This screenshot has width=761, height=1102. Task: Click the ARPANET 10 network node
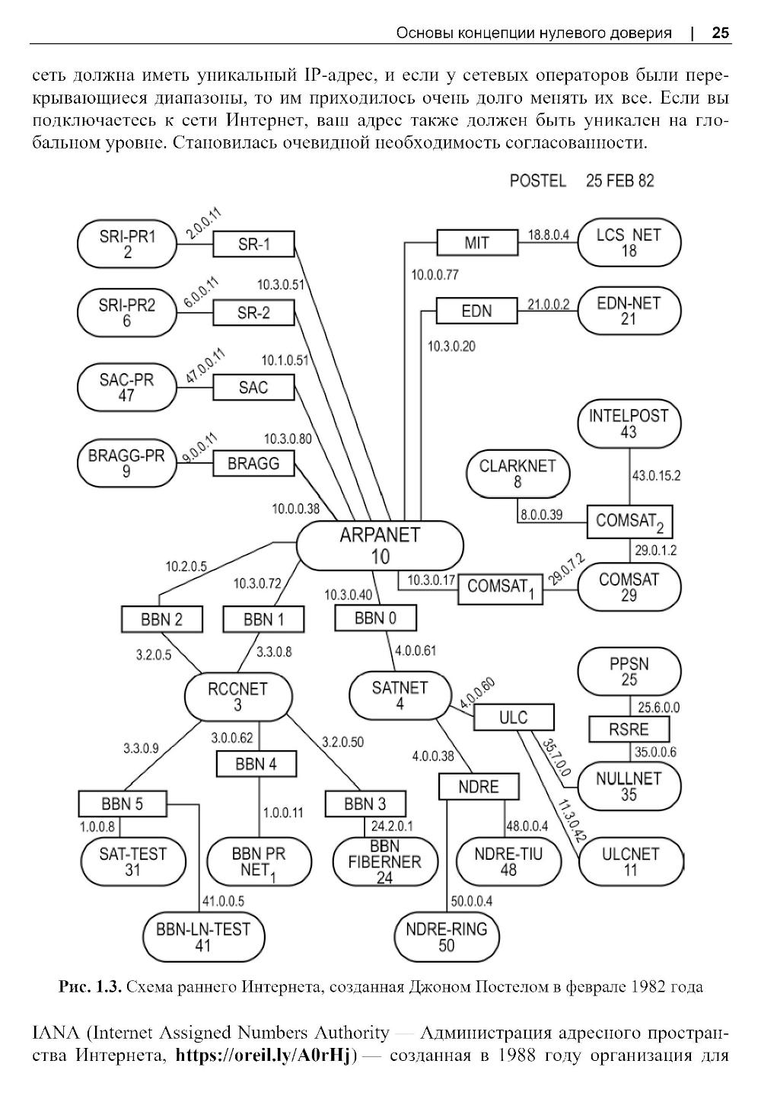[x=380, y=545]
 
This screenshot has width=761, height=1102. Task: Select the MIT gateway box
[x=477, y=244]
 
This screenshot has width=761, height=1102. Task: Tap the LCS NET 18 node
[x=629, y=243]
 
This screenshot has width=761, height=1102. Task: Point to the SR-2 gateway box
[x=253, y=313]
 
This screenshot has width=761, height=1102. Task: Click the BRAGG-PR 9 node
[x=126, y=464]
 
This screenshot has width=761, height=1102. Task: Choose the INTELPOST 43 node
[x=629, y=424]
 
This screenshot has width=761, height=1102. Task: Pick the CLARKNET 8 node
[x=517, y=474]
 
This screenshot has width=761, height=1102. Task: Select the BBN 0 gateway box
[x=375, y=618]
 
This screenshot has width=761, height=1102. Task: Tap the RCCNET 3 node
[x=238, y=697]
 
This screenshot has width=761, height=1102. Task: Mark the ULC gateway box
[x=513, y=717]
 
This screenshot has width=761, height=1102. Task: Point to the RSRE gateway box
[x=629, y=730]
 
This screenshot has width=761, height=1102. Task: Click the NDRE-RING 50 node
[x=447, y=937]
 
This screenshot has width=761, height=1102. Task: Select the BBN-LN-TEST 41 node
[x=203, y=937]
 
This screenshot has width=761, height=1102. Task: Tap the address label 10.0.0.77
[x=435, y=275]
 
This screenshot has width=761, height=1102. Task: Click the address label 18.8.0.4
[x=549, y=235]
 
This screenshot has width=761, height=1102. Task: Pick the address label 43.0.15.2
[x=656, y=476]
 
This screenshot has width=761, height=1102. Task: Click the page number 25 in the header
[x=720, y=33]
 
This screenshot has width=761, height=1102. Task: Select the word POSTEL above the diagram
[x=538, y=180]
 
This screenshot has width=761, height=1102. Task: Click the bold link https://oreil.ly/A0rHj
[x=266, y=1056]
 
